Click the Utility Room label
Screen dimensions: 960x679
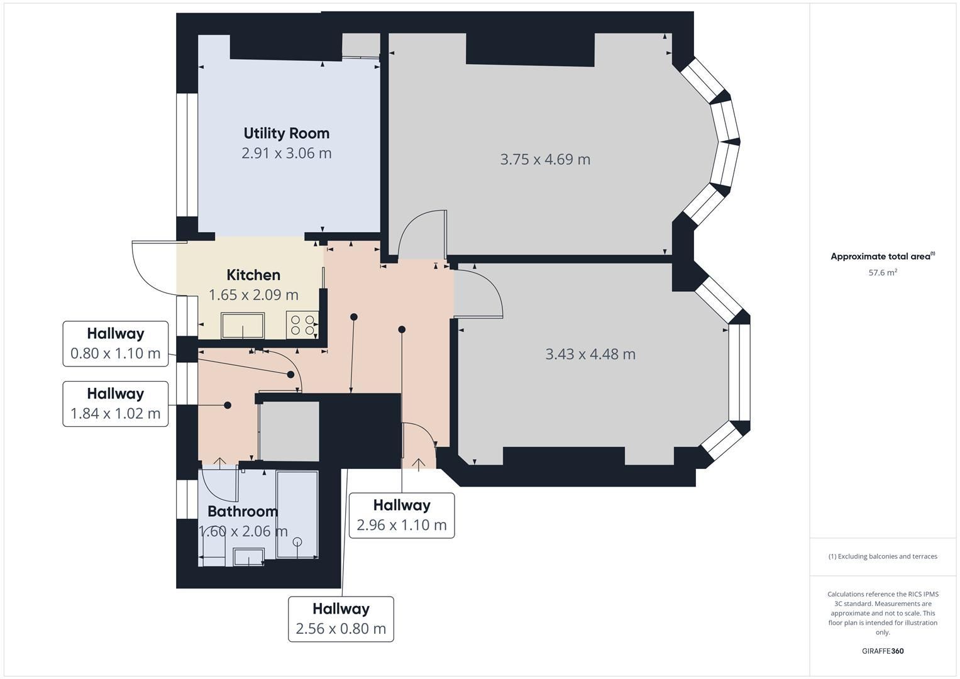pos(286,133)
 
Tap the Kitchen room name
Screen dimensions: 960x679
pos(253,275)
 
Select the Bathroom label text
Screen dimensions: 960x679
pos(243,511)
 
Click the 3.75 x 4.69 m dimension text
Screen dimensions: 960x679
pos(545,160)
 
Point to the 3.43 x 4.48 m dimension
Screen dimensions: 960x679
pos(590,354)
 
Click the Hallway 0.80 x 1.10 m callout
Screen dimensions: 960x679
pos(115,344)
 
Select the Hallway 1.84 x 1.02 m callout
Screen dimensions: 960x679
pos(115,404)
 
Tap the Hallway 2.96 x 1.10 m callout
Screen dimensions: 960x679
pos(402,516)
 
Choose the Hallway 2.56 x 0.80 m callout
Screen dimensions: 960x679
pos(341,619)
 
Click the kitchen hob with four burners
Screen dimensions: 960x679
pos(302,325)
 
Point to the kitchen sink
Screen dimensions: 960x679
pos(243,326)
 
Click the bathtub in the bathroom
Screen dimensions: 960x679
pos(297,514)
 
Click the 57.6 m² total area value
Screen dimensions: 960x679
pos(883,272)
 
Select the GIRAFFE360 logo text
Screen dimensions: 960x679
pos(883,651)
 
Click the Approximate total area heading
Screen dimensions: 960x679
pos(883,257)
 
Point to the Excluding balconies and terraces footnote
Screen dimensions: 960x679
pos(883,556)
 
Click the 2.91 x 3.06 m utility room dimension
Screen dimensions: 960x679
pos(286,153)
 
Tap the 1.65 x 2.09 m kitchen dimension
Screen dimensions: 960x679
pos(253,295)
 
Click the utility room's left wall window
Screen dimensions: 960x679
pos(187,155)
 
